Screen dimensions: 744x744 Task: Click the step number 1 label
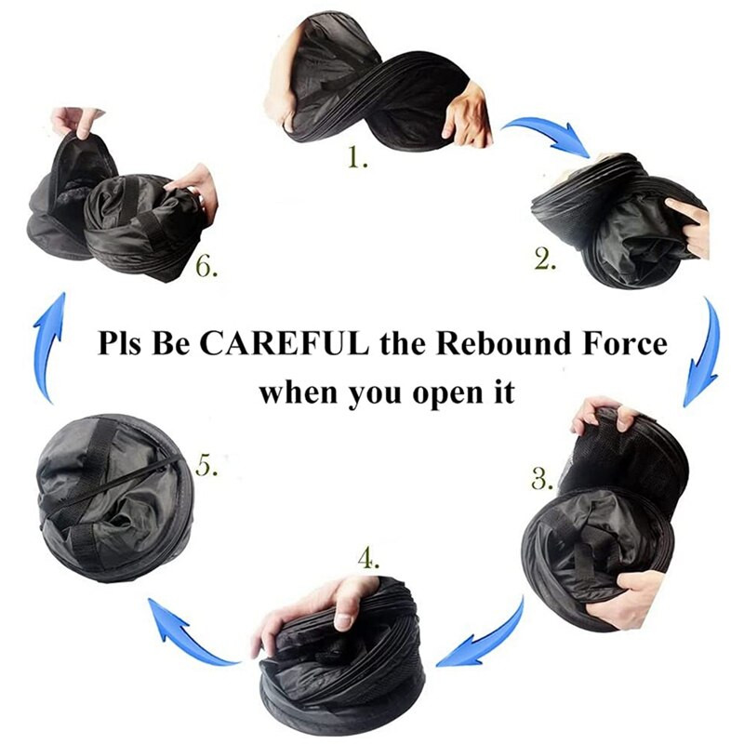357,157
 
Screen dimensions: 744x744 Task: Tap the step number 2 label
545,259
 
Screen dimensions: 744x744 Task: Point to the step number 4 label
368,559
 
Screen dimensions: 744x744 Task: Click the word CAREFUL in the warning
285,343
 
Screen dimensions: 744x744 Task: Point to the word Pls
119,343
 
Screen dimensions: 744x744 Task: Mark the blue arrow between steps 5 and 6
51,346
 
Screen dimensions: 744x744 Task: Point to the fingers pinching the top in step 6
76,121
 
